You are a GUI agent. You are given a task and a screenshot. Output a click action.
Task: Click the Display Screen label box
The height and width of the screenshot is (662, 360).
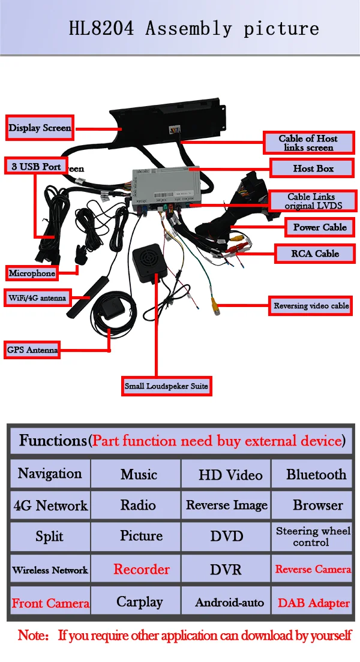pos(40,128)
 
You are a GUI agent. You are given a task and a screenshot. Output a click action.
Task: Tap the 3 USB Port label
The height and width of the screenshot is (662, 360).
pos(36,166)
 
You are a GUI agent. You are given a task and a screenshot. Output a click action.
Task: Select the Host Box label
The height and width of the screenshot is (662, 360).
pos(313,168)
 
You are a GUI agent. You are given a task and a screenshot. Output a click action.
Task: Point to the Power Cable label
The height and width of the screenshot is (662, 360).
pos(320,227)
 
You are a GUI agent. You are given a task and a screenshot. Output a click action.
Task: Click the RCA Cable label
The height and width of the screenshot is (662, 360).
pos(315,254)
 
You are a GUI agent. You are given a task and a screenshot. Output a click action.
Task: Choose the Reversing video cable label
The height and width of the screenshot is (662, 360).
pos(311,306)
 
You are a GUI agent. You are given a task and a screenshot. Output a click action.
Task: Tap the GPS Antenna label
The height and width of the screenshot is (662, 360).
pos(32,350)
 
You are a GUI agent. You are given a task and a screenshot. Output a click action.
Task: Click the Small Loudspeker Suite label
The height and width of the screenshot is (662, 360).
pos(166,386)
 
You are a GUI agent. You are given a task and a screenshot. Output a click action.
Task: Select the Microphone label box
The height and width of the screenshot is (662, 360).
pos(32,273)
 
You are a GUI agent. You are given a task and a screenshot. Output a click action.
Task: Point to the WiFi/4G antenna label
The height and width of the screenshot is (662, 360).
pos(37,297)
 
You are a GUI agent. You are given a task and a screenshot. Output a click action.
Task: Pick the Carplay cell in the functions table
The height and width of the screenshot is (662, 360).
pos(139,601)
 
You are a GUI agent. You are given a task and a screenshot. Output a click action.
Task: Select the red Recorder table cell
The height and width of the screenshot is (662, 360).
pos(142,569)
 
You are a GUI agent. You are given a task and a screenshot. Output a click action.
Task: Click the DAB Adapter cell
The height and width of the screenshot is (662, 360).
pos(313,603)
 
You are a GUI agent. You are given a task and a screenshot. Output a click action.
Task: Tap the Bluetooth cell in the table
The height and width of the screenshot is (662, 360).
pos(316,474)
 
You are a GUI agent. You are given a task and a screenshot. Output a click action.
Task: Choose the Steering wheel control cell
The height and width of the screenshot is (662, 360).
pos(313,536)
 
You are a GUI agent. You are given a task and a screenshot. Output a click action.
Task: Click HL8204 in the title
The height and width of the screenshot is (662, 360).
pos(101,28)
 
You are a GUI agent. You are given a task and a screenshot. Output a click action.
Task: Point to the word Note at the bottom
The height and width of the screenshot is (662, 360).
pos(32,635)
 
